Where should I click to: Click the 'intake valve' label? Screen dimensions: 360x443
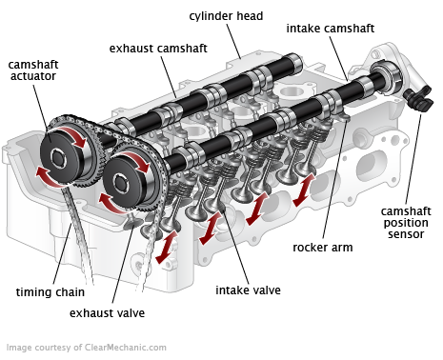pos(248,290)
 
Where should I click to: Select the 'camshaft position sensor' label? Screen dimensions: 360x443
pos(406,223)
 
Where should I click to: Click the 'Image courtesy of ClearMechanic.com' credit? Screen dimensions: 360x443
pos(87,348)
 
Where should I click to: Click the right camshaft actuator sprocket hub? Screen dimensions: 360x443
pos(124,176)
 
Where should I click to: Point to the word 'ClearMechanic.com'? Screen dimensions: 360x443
pos(123,348)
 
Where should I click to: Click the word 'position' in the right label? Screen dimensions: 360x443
pos(406,223)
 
